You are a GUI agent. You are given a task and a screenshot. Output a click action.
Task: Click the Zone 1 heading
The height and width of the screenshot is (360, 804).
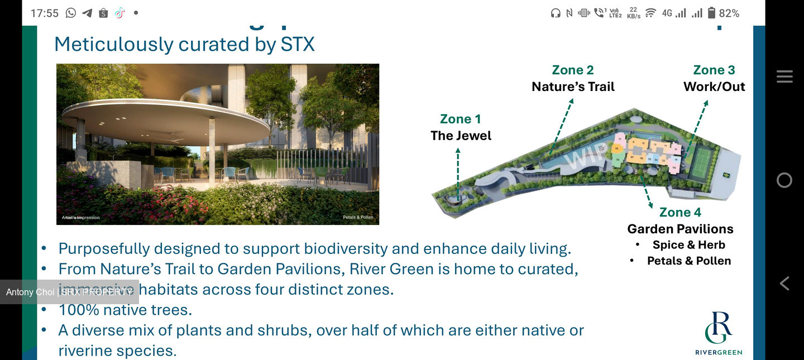(x=460, y=119)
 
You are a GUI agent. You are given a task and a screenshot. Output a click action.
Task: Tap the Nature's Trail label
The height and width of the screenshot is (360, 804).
(x=573, y=87)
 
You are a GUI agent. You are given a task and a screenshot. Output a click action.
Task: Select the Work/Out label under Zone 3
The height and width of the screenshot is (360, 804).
(x=714, y=87)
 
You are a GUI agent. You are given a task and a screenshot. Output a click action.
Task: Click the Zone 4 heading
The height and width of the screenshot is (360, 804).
(x=680, y=212)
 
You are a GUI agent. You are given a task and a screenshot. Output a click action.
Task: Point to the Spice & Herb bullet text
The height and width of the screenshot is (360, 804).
(x=688, y=245)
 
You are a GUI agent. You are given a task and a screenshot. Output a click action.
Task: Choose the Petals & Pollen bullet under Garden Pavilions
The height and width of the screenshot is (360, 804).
(x=688, y=261)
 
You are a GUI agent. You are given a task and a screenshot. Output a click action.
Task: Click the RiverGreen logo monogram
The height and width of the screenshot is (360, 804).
(x=718, y=328)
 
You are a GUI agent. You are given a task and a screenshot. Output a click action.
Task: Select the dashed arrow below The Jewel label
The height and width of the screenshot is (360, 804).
(x=458, y=173)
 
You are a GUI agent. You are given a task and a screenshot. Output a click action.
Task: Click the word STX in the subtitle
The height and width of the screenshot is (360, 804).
(x=298, y=45)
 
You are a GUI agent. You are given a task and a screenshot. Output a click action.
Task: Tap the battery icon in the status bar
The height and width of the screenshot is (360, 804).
(x=711, y=13)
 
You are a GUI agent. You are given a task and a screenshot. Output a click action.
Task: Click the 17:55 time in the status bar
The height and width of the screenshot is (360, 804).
(x=44, y=13)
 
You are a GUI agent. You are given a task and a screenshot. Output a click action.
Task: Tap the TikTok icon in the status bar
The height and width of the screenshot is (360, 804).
(x=119, y=13)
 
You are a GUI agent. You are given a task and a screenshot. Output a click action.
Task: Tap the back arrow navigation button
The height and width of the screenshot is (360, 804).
(x=784, y=284)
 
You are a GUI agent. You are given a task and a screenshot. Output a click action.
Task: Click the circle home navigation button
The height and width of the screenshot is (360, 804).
(x=784, y=180)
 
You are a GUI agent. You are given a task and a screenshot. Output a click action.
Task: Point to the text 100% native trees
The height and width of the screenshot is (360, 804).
(x=125, y=310)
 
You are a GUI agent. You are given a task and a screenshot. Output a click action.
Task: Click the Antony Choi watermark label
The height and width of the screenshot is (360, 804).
(x=69, y=292)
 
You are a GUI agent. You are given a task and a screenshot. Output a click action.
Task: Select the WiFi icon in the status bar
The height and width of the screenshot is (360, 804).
(x=650, y=13)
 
